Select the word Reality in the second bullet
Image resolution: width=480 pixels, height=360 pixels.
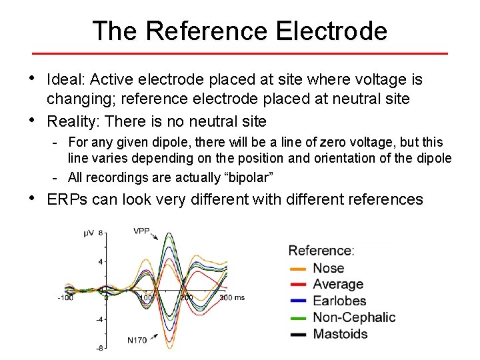(x=71, y=121)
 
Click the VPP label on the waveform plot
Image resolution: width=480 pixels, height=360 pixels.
(x=141, y=231)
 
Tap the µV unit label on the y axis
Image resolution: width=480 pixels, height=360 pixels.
(x=89, y=233)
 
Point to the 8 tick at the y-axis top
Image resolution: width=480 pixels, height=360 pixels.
(x=101, y=233)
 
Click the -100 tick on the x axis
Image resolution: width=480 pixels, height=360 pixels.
(x=65, y=297)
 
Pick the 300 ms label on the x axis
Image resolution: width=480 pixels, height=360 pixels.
(x=231, y=297)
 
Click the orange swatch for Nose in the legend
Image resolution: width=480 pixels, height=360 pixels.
(x=298, y=269)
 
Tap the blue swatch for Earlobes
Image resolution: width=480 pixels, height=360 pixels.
(x=298, y=301)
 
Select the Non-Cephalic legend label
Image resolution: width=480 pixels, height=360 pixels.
(x=354, y=317)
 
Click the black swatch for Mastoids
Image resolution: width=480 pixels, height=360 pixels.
(x=298, y=334)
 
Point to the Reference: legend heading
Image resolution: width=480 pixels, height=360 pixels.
(x=321, y=251)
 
